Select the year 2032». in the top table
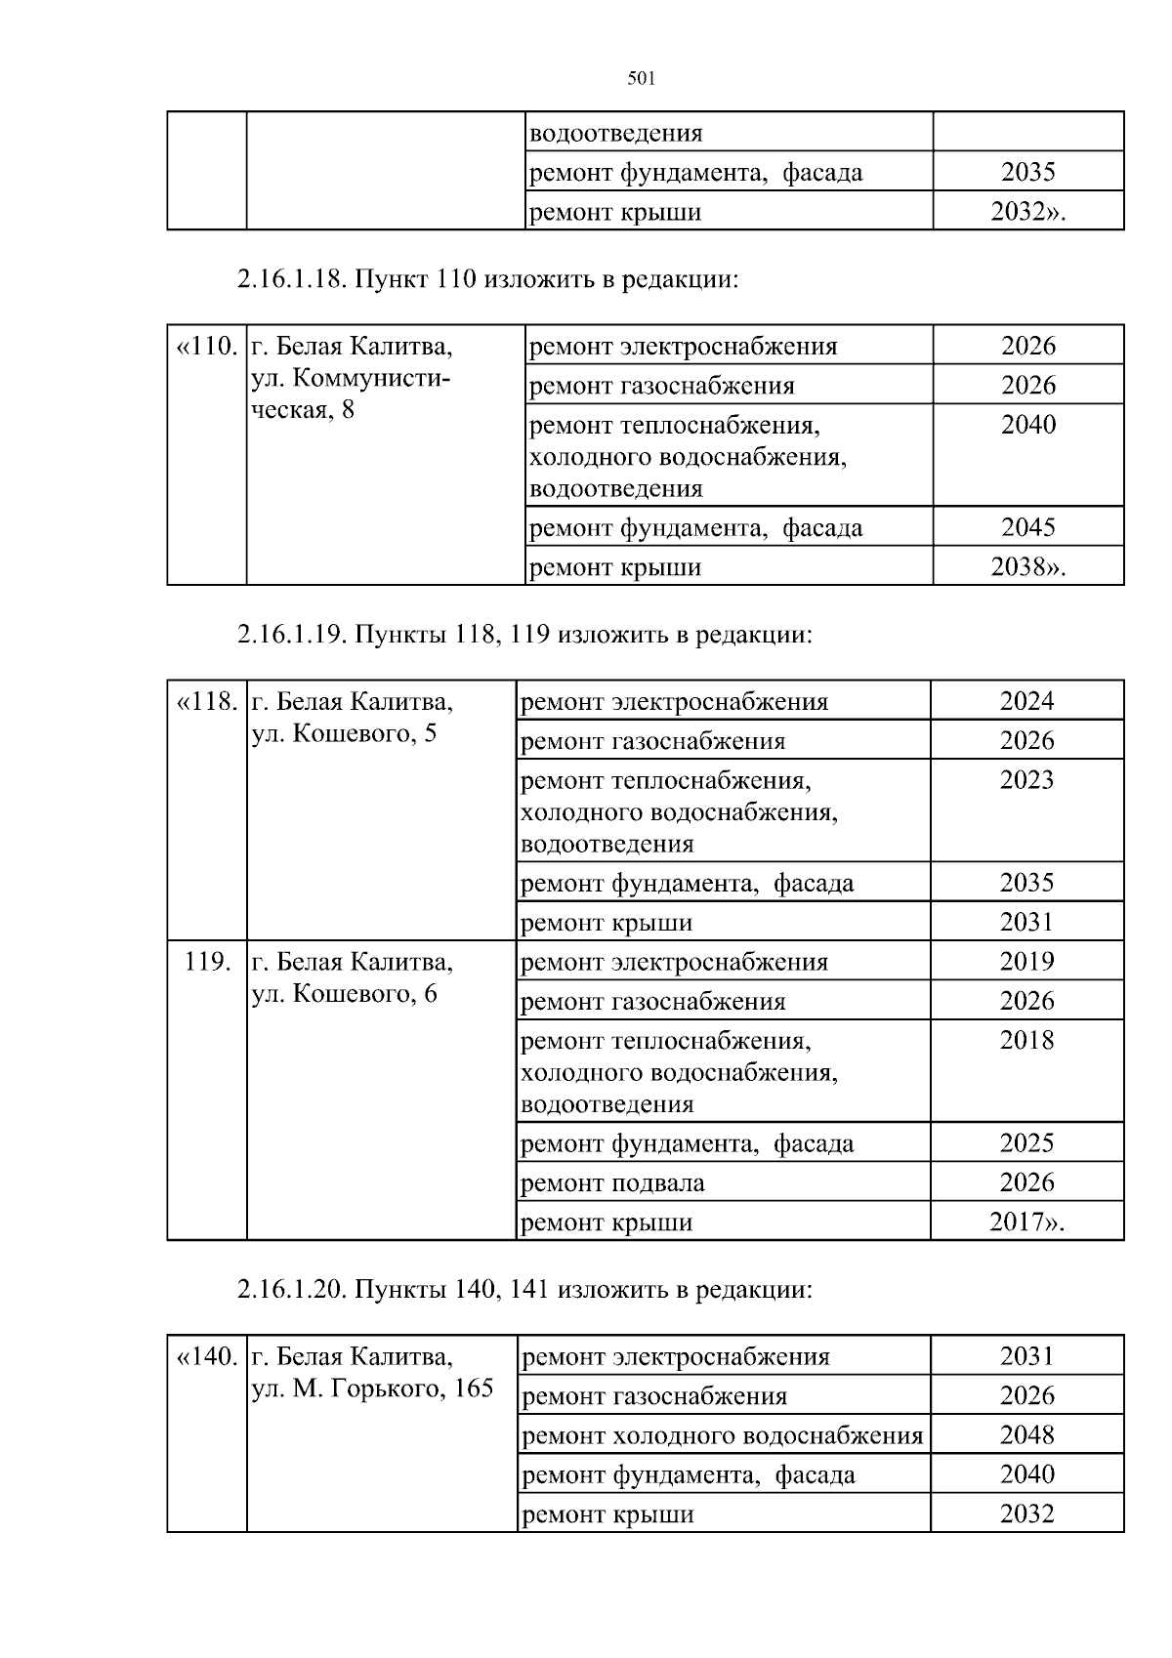[1027, 212]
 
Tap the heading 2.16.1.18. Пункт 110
[486, 279]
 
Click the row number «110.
[206, 347]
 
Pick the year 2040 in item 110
[1027, 425]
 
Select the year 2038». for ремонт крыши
[1027, 567]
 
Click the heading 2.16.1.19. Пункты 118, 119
[524, 635]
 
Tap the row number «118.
[206, 702]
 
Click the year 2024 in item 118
[1026, 701]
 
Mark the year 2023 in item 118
[1026, 780]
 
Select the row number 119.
[207, 962]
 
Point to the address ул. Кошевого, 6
[344, 994]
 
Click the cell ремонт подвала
[612, 1183]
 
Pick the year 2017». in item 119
[1026, 1223]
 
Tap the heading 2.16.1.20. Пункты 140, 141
[524, 1289]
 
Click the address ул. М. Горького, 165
[372, 1389]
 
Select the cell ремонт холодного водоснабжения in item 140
[723, 1435]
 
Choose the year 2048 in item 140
[1026, 1435]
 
